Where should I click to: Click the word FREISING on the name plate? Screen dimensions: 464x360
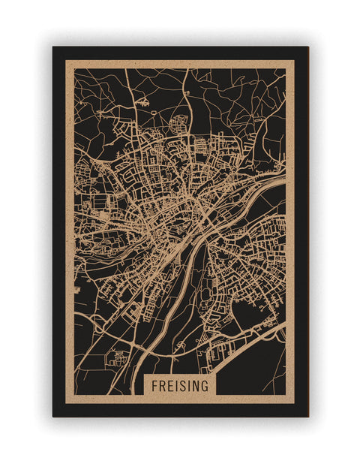coord(180,384)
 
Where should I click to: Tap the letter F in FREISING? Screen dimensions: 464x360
coord(154,384)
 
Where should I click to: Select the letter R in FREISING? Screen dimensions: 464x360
coord(162,384)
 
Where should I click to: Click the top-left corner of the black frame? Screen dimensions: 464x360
coord(53,47)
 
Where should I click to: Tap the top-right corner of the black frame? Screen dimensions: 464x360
coord(307,47)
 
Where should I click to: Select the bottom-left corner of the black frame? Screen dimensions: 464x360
coord(53,416)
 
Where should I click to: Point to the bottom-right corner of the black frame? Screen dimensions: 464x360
coord(307,416)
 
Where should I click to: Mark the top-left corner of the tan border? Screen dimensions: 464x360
coord(66,61)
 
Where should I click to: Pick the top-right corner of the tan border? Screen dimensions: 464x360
coord(294,61)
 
